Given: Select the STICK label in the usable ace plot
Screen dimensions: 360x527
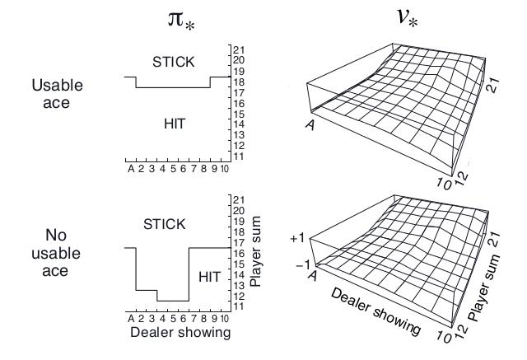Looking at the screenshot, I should (173, 61).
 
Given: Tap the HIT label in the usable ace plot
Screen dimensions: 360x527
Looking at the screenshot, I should (175, 123).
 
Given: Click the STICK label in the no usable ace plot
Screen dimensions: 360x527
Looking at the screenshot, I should (164, 223).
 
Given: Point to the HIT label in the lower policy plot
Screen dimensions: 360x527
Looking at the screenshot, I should (210, 277).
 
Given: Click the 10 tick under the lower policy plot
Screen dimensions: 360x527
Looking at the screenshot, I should (223, 318).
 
